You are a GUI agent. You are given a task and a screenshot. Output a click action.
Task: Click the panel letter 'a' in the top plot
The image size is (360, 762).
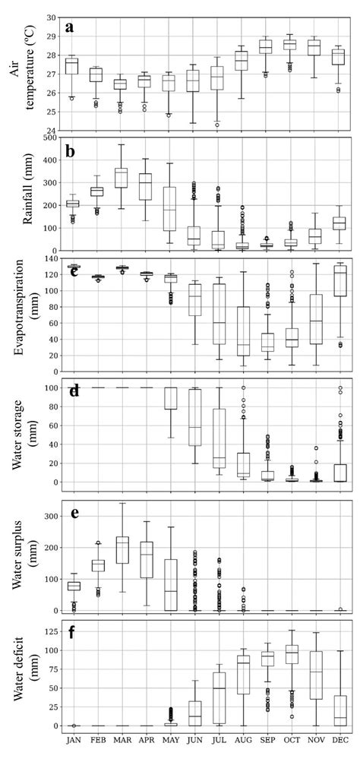click(70, 27)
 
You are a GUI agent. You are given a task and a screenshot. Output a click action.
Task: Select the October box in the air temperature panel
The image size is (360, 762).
click(290, 45)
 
